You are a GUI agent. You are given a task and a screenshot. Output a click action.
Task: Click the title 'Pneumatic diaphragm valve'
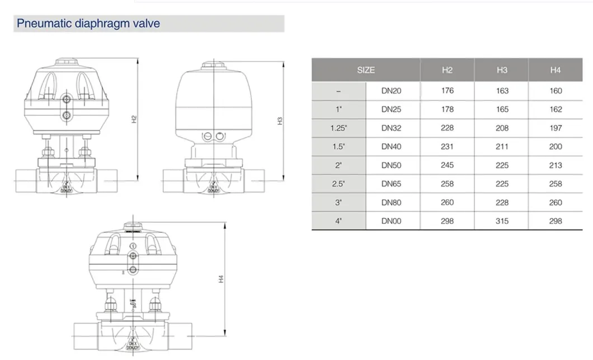point(88,24)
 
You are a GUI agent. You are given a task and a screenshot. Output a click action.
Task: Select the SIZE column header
point(366,70)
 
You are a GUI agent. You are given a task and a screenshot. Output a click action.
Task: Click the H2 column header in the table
point(447,70)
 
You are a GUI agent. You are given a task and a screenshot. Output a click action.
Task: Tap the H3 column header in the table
point(502,70)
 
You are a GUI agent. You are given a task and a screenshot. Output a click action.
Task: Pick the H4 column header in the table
point(555,70)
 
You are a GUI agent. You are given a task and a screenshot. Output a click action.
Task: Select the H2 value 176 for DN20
point(447,91)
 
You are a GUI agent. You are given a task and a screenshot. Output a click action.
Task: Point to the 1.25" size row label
point(339,128)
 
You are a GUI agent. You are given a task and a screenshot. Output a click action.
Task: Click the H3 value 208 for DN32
point(502,128)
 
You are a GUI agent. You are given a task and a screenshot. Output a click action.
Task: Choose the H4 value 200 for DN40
point(555,147)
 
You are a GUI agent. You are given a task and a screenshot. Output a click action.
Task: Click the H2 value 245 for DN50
point(447,165)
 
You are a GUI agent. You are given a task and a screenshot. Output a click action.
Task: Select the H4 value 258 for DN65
point(555,184)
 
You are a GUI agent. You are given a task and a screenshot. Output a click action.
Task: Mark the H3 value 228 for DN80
point(502,202)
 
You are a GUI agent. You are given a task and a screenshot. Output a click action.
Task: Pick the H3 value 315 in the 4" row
point(502,221)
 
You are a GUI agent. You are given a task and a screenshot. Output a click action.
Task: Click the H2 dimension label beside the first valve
point(133,119)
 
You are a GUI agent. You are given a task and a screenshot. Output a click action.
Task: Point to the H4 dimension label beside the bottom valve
point(221,278)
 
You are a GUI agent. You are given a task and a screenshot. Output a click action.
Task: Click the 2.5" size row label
point(339,184)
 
